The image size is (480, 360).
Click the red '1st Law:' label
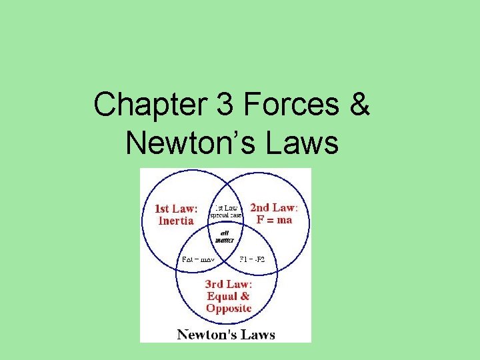pyautogui.click(x=177, y=209)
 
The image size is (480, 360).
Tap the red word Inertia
pyautogui.click(x=177, y=221)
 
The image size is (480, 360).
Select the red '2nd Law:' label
pyautogui.click(x=273, y=208)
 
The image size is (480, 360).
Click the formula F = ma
pyautogui.click(x=274, y=219)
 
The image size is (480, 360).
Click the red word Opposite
pyautogui.click(x=229, y=308)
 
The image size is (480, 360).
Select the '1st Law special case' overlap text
pyautogui.click(x=226, y=211)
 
